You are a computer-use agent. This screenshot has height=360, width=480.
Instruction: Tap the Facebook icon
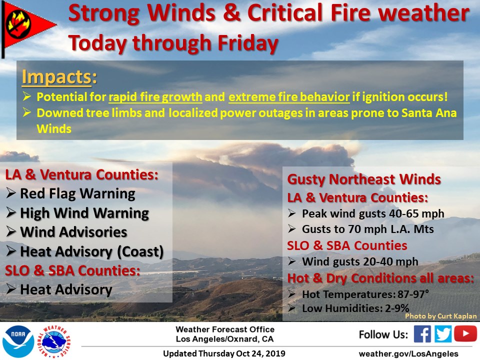(x=422, y=333)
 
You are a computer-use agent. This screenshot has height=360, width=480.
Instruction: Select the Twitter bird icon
(x=442, y=333)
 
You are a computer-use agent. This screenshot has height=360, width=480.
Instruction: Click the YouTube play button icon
(x=465, y=333)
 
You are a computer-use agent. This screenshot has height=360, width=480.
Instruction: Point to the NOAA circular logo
(x=18, y=341)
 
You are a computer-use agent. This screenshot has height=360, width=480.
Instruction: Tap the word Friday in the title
(x=248, y=43)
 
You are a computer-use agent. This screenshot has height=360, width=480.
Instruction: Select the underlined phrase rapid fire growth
(x=155, y=97)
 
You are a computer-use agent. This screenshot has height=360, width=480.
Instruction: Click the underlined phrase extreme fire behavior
(x=289, y=97)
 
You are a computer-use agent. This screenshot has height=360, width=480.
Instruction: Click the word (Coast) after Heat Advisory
(x=140, y=251)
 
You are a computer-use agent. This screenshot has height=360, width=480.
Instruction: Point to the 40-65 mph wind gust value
(x=416, y=213)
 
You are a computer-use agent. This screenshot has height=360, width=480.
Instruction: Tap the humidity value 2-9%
(x=397, y=308)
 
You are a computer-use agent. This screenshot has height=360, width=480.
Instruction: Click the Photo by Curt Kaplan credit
(x=441, y=316)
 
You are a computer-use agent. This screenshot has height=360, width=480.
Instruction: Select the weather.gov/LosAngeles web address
(x=408, y=354)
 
